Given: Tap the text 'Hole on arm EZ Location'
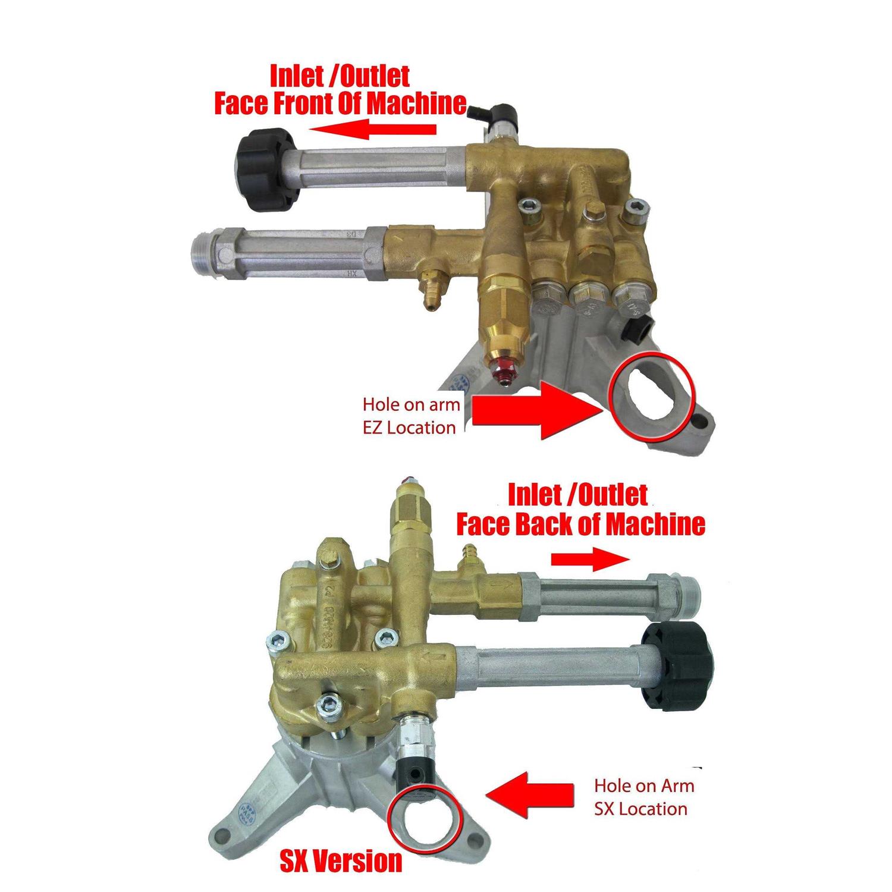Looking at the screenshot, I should [x=411, y=416].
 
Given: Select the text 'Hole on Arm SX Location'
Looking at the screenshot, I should [x=643, y=797].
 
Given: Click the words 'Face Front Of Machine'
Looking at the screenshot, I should [x=340, y=103].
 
